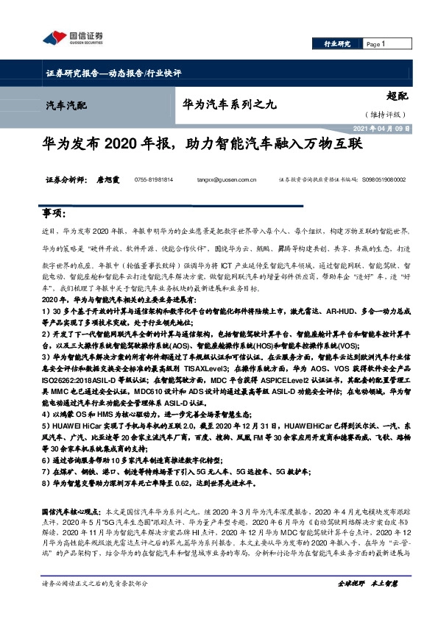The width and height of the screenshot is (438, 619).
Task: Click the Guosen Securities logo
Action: click(x=73, y=39)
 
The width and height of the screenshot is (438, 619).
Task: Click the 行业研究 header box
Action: click(x=338, y=45)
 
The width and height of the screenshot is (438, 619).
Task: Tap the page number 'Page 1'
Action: click(x=376, y=45)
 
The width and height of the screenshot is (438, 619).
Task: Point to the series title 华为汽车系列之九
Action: click(x=228, y=105)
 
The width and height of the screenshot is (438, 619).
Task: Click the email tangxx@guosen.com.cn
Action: click(x=227, y=179)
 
